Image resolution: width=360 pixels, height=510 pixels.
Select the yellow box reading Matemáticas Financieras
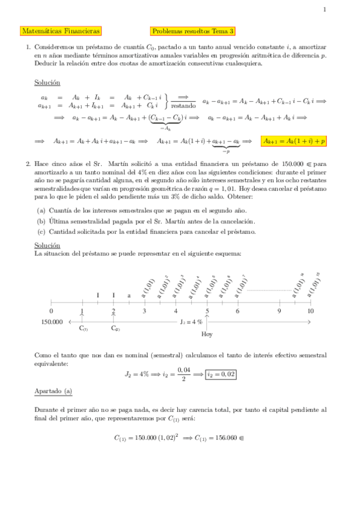60,31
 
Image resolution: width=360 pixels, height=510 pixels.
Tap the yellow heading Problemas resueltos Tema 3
193,31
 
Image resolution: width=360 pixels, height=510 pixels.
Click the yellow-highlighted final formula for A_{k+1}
294,141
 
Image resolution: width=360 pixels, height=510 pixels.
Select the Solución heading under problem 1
47,82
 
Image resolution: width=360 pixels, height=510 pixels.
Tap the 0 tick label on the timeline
51,311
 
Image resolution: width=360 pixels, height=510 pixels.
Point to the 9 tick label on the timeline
279,311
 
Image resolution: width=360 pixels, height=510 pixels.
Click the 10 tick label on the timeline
310,311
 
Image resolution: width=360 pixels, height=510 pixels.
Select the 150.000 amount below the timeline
52,322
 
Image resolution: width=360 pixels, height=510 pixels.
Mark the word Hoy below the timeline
207,334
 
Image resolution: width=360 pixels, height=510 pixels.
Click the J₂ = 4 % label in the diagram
191,322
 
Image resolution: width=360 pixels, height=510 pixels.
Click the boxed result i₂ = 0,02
221,374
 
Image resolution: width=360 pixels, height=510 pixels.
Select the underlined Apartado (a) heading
53,392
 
